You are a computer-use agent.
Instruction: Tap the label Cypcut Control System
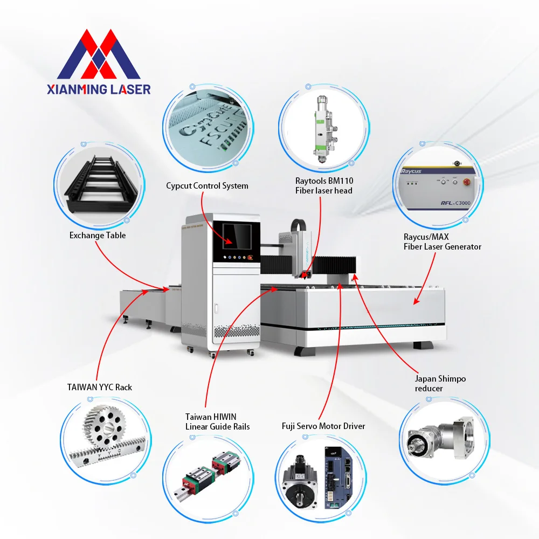point(207,186)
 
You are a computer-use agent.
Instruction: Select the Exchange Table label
point(98,236)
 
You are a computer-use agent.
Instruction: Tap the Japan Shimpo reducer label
point(440,384)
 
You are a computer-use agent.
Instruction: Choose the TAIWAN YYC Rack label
point(100,388)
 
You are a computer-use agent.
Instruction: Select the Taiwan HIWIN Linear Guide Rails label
point(217,421)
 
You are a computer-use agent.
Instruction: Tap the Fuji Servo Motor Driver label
point(323,426)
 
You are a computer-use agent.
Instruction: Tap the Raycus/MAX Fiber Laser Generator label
point(442,241)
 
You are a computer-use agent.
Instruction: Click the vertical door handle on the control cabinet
point(216,309)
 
